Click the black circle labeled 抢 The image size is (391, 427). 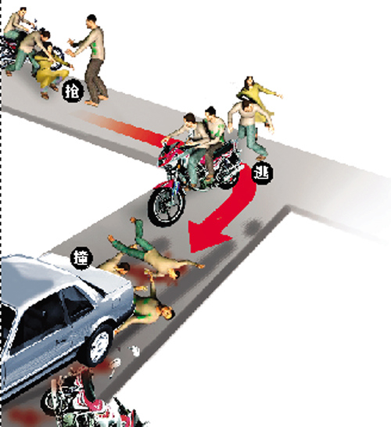click(72, 91)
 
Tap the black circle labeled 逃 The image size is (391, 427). click(263, 173)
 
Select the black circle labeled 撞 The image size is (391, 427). click(81, 258)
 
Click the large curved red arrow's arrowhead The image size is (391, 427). click(207, 235)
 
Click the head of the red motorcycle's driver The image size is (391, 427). click(189, 119)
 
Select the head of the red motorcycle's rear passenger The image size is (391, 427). click(210, 113)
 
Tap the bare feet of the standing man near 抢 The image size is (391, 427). click(96, 100)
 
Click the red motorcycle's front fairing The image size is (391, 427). click(170, 152)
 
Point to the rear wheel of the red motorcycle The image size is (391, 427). click(228, 171)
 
